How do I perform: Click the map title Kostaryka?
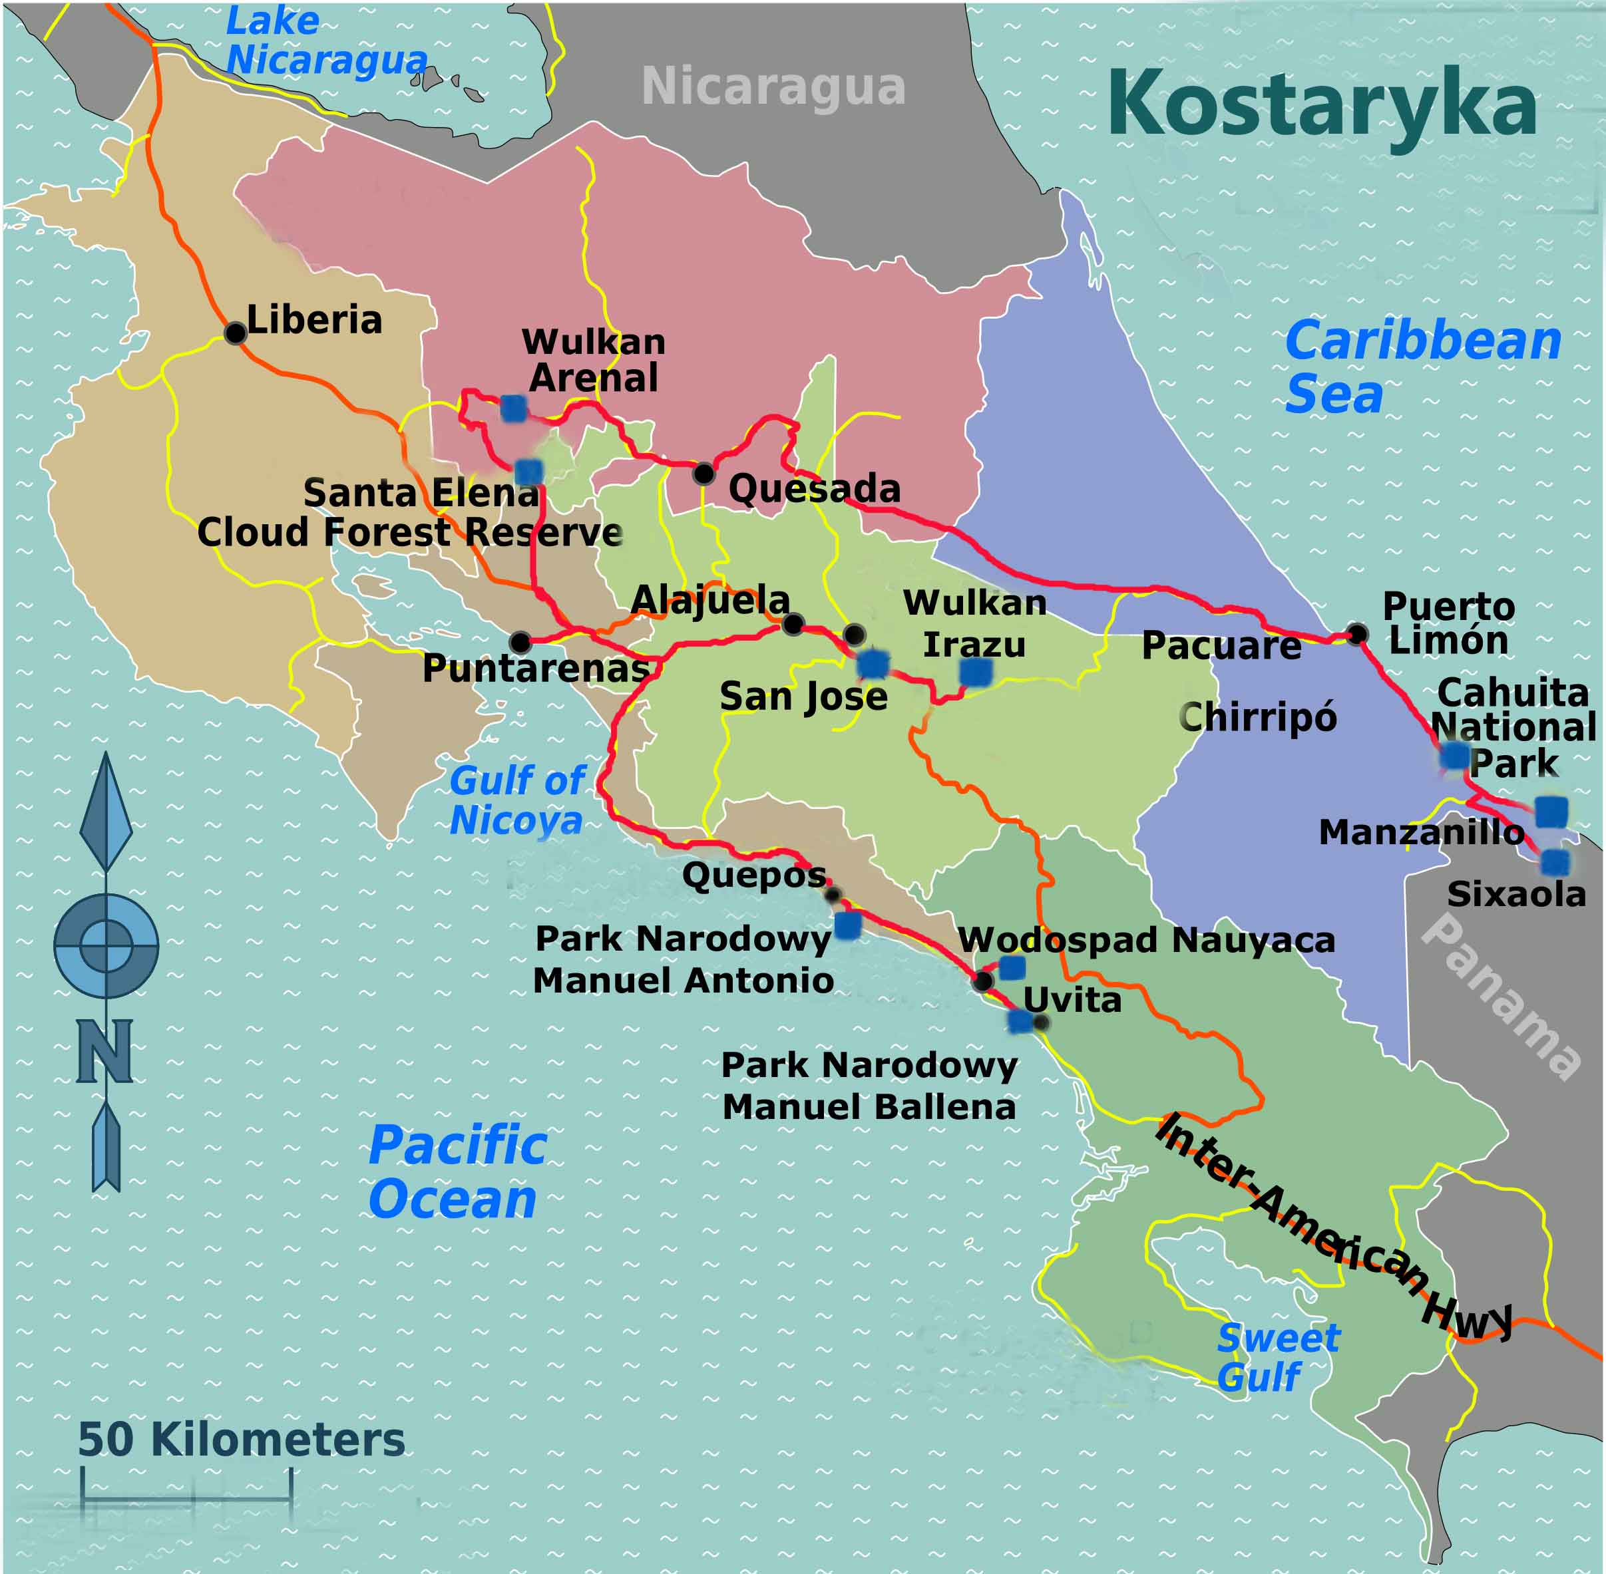pos(1322,106)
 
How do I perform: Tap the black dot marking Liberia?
pos(236,333)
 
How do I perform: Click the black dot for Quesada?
pos(703,473)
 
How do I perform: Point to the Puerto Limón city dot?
pos(1356,634)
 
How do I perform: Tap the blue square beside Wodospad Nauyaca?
pos(1012,967)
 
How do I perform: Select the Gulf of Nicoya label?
pos(518,800)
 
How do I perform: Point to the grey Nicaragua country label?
pos(773,86)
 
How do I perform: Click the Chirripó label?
pos(1257,716)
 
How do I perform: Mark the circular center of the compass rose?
pos(106,945)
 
